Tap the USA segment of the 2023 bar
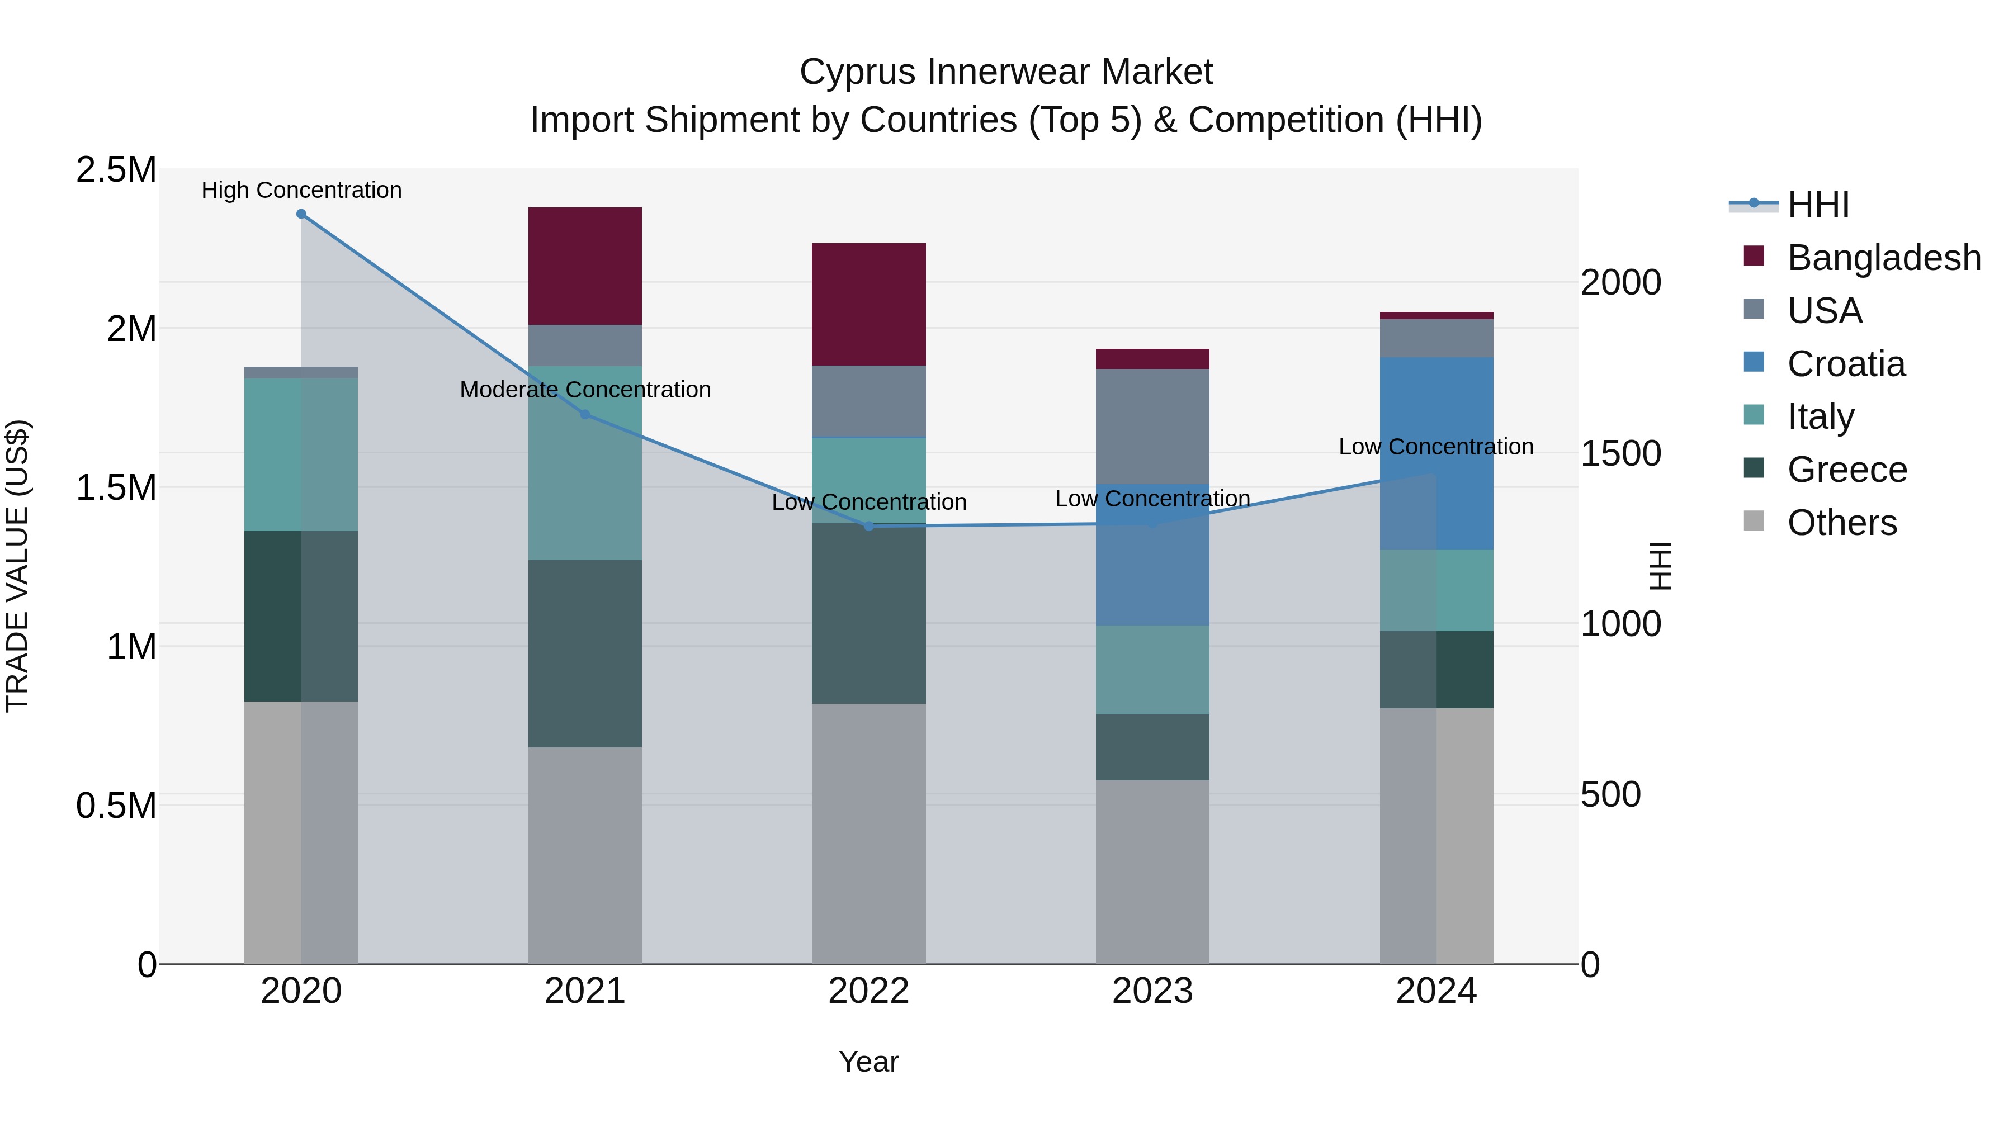1152,426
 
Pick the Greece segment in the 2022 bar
868,613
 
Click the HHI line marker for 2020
301,214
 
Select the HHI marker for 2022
868,527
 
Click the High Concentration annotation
301,191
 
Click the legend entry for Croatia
1846,364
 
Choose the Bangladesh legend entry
1883,258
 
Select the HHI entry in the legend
1818,205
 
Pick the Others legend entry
1841,523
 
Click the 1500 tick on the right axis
1620,454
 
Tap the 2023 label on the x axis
1152,992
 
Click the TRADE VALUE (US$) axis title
17,566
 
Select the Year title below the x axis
868,1063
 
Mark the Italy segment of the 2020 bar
301,454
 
